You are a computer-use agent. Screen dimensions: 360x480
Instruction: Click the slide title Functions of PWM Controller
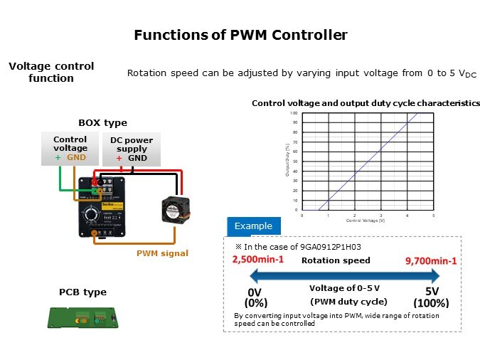tap(240, 34)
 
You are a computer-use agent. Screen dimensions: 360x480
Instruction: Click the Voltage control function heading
tap(51, 72)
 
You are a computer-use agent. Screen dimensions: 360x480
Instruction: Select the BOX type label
tap(102, 122)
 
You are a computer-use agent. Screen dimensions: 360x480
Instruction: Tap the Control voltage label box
tap(70, 148)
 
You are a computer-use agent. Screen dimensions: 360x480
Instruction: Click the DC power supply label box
tap(132, 148)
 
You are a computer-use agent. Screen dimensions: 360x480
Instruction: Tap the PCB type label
tap(82, 292)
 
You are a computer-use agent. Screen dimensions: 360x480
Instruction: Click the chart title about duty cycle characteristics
tap(366, 103)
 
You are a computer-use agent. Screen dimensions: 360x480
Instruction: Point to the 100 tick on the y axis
tap(294, 113)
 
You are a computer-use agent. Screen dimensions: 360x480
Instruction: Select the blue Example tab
tap(253, 226)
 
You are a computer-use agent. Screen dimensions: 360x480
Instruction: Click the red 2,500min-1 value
tap(258, 260)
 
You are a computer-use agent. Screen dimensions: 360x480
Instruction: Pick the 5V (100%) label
tap(432, 297)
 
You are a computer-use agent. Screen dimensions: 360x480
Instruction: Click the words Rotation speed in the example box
tap(346, 260)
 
